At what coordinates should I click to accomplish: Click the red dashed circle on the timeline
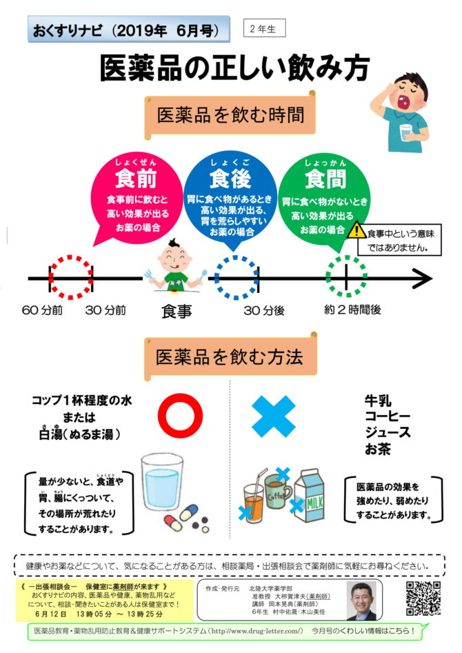[x=70, y=278]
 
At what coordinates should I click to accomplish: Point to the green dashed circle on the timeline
[x=346, y=278]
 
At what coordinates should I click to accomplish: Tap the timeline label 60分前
[x=42, y=310]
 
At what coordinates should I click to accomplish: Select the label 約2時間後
[x=352, y=310]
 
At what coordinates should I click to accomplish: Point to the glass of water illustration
[x=161, y=485]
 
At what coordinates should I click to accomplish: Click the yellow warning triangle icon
[x=357, y=230]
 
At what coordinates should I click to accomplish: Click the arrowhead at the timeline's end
[x=422, y=279]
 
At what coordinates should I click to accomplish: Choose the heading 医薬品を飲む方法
[x=230, y=357]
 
